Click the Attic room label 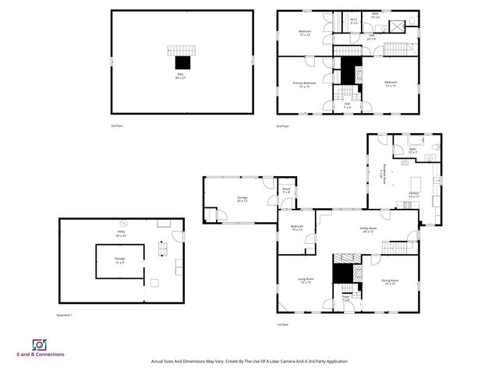[182, 76]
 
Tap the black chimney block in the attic [182, 62]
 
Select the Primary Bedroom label [304, 83]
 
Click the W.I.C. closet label [354, 22]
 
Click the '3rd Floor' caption [118, 125]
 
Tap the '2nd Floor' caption [282, 125]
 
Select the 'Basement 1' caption [65, 315]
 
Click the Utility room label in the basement [121, 233]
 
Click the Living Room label [306, 280]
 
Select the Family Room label [367, 230]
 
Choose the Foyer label [346, 298]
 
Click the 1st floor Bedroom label [296, 228]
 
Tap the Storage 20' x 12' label [242, 199]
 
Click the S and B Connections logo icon [39, 344]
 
